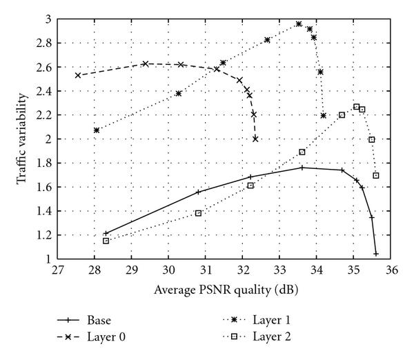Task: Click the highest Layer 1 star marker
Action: coord(299,24)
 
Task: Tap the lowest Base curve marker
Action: coord(376,254)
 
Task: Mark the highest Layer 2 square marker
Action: coord(356,107)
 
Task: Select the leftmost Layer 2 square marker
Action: coord(106,241)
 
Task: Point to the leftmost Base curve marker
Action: coord(106,233)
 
